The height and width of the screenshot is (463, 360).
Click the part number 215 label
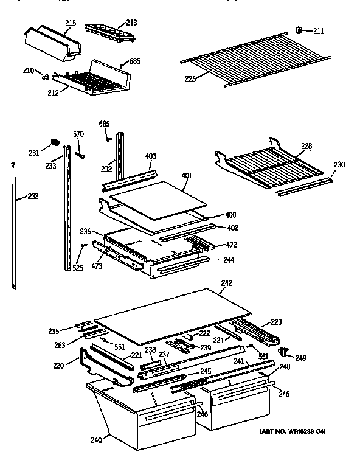(x=70, y=23)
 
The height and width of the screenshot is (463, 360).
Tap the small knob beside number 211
(x=299, y=29)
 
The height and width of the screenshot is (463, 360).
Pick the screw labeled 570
(x=79, y=155)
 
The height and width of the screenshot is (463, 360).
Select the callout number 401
(x=188, y=176)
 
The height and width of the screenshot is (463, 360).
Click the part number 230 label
(x=339, y=164)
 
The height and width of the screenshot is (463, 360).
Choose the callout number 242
(x=227, y=282)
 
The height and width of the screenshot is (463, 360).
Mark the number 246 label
(x=202, y=414)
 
